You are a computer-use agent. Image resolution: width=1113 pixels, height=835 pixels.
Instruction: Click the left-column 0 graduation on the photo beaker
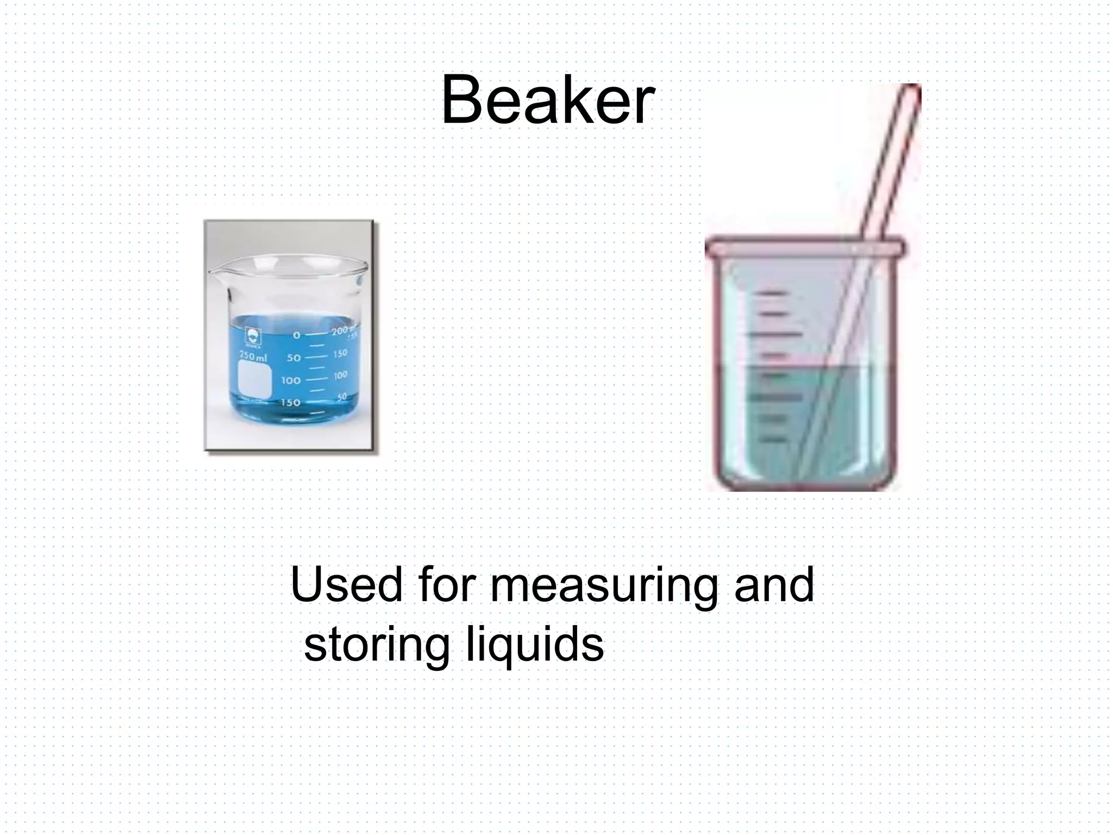296,335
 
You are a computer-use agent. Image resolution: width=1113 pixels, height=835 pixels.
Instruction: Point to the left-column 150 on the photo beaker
290,403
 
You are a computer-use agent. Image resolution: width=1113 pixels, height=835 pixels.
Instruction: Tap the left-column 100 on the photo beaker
291,380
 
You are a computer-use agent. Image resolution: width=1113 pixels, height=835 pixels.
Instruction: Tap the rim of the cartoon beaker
804,248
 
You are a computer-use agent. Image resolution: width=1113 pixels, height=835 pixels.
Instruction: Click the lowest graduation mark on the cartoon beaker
772,439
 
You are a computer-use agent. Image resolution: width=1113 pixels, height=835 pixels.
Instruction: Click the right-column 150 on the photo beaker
341,354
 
